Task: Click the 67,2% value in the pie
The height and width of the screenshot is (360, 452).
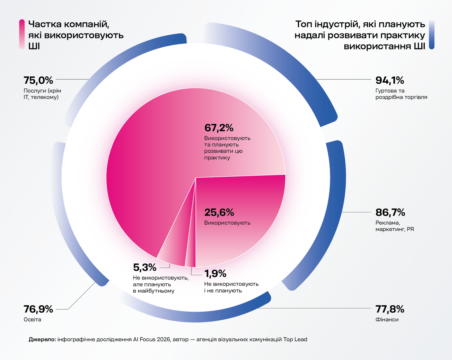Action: [x=219, y=128]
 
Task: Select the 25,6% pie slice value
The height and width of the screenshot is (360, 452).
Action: [x=219, y=212]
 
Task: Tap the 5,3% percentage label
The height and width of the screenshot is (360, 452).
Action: [x=144, y=267]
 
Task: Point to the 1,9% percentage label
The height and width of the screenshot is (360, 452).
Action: [x=215, y=273]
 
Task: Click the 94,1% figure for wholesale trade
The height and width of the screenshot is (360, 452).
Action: [x=389, y=80]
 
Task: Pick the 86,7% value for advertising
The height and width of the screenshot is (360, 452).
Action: [x=390, y=212]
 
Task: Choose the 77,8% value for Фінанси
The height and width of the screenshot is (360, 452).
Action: [x=390, y=309]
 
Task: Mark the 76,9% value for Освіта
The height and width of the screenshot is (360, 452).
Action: [x=38, y=309]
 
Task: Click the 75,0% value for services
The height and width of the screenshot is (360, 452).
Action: [x=38, y=80]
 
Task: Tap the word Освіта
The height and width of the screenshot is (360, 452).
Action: [x=32, y=320]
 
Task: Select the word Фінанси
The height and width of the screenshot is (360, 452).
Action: [x=387, y=320]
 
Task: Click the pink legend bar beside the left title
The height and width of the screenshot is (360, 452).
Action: [x=22, y=34]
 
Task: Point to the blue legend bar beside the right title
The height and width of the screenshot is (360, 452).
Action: [x=432, y=34]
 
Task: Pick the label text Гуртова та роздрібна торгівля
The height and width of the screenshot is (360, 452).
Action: [x=401, y=94]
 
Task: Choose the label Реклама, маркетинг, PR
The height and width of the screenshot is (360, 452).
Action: [x=394, y=226]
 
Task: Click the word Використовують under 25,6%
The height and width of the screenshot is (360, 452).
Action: [x=227, y=223]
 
